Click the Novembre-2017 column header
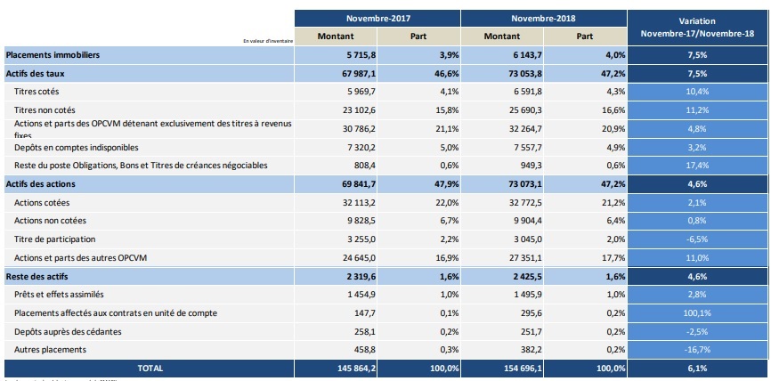tap(377, 18)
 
